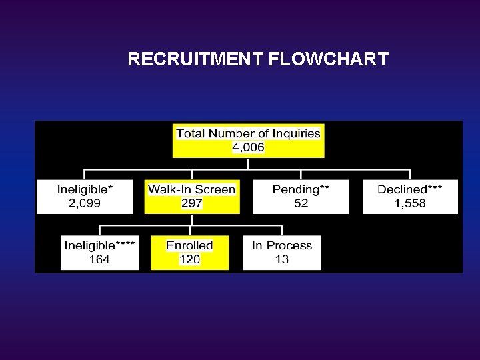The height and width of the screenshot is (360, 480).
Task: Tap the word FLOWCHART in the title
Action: [329, 59]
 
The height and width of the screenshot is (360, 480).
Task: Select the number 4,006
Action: [248, 147]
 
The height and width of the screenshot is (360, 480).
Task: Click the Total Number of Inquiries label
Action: [248, 133]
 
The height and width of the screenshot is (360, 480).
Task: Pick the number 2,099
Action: [85, 203]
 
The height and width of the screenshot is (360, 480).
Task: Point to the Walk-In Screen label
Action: [191, 189]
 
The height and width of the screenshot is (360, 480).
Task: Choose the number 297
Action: [191, 203]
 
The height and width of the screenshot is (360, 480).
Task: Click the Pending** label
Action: [301, 189]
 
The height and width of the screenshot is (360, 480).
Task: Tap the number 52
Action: [301, 203]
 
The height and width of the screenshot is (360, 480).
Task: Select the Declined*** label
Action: [410, 189]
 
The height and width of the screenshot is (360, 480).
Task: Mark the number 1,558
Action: [410, 203]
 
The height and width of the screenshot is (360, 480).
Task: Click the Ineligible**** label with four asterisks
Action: [99, 245]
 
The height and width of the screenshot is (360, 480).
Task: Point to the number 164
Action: [99, 259]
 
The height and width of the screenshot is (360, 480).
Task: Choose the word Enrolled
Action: [189, 245]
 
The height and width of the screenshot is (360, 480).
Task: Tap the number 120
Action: [189, 259]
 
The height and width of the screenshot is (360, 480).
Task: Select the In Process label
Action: [281, 245]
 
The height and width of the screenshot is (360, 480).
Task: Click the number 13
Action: [281, 259]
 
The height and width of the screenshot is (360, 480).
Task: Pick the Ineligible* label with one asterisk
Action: [85, 189]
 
